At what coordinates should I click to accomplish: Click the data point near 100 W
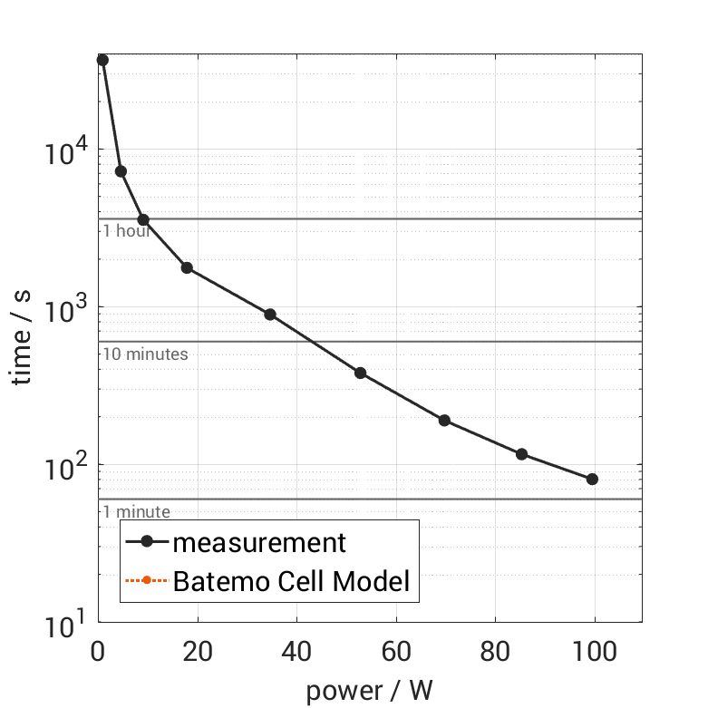click(593, 479)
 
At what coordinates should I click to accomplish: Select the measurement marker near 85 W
click(521, 454)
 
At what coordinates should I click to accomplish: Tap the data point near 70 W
click(444, 421)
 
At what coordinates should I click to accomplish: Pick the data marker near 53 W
click(360, 373)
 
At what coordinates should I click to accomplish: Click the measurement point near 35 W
click(269, 315)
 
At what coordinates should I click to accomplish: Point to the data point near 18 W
click(187, 267)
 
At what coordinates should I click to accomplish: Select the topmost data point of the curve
click(102, 60)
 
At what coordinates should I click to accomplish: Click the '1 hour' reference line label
click(126, 231)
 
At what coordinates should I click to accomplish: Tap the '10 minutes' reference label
click(145, 354)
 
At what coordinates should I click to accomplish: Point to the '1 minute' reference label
click(136, 512)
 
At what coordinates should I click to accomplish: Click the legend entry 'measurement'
click(259, 543)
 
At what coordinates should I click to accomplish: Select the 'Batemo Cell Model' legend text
click(291, 580)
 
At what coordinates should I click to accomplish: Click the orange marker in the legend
click(146, 580)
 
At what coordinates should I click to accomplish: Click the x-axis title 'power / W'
click(369, 690)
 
